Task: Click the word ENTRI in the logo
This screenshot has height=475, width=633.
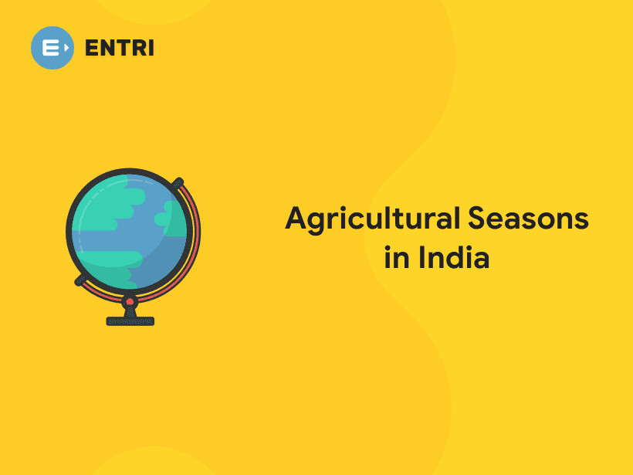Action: (x=119, y=48)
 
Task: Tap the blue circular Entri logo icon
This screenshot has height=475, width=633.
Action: (x=52, y=48)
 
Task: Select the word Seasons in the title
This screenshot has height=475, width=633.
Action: (x=526, y=219)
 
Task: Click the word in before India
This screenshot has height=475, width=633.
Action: (x=397, y=257)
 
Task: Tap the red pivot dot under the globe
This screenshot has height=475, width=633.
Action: (x=130, y=300)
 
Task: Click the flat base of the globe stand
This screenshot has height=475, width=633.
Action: (x=130, y=321)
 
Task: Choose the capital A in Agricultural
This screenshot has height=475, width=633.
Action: (x=296, y=219)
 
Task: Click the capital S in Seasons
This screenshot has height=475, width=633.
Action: (x=476, y=219)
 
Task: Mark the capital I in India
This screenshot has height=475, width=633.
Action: (x=422, y=257)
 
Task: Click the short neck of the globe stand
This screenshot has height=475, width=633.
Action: (x=130, y=310)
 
